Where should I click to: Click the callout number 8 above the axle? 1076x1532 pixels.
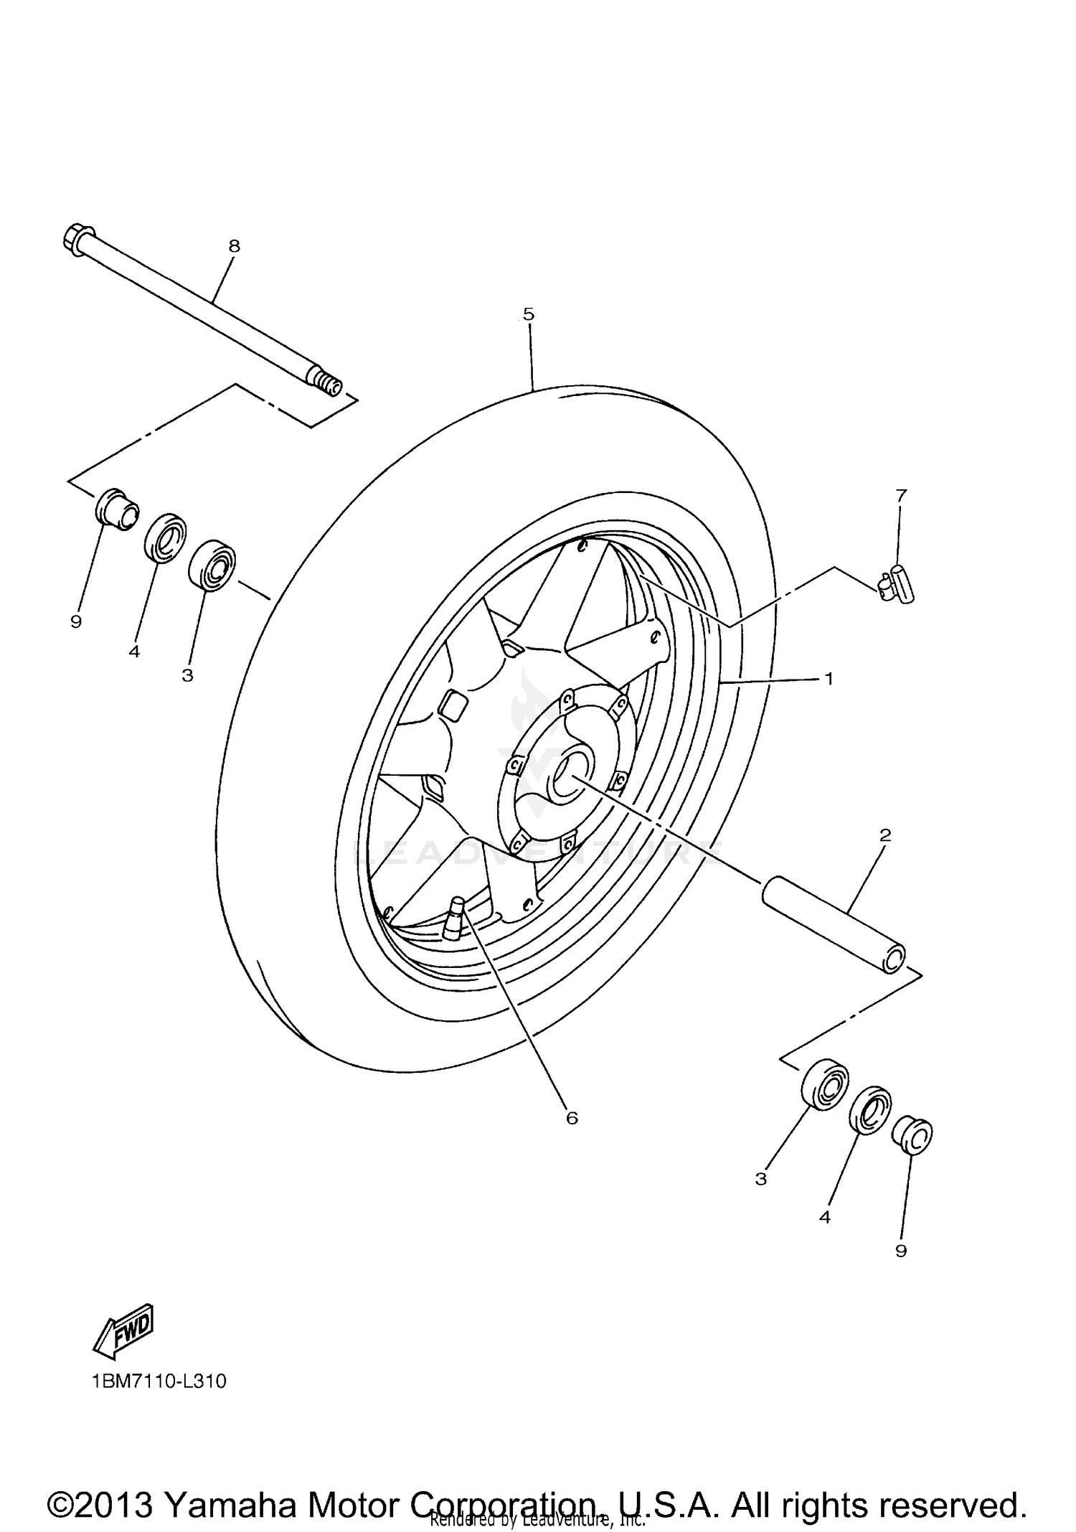(234, 246)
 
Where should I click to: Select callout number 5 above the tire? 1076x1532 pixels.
(529, 314)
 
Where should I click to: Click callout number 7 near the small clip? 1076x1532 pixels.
(901, 494)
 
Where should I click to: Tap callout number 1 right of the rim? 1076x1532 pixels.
(829, 677)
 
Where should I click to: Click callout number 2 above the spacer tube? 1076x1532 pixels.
(884, 835)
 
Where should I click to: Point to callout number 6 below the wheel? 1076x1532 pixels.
(572, 1118)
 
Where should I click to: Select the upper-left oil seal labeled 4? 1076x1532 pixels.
(166, 537)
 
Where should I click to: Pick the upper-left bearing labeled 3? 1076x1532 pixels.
(212, 566)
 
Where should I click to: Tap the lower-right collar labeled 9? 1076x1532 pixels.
(912, 1135)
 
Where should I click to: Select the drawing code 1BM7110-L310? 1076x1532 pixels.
(159, 1381)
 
